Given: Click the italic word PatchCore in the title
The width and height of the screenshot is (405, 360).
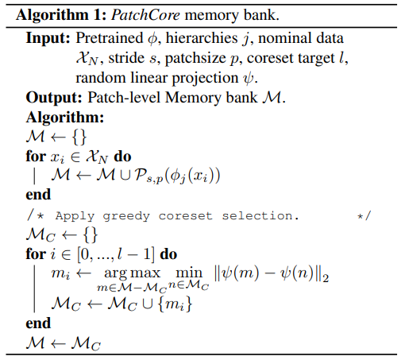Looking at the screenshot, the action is coord(145,15).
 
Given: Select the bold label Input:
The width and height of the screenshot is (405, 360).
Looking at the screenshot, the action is coord(48,38).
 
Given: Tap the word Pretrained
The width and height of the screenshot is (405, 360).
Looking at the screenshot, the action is coord(110,38).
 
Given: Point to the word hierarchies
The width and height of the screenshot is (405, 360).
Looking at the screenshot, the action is coord(202,38).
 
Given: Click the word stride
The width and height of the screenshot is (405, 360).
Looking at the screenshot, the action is coord(126,58).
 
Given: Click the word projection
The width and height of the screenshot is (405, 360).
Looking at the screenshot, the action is coord(206,79).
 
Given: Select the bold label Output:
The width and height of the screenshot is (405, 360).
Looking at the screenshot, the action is coord(54,98).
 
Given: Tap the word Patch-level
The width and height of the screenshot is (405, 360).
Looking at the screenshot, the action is coord(124,98).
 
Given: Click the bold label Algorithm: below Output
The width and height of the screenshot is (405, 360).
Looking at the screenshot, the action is coord(65,117).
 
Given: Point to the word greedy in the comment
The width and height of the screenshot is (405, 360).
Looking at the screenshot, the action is coord(126,217).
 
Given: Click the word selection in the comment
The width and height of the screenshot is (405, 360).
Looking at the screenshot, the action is coord(260,216).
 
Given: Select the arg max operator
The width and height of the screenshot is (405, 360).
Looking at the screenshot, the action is coord(133,273).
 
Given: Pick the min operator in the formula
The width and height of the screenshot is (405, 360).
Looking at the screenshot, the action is coord(189,273).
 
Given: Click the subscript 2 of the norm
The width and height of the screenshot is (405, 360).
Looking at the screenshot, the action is coord(326,278).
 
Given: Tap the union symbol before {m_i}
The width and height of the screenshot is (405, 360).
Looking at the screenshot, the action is coord(148,304).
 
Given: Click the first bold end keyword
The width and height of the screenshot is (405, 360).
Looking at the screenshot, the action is coord(38,195).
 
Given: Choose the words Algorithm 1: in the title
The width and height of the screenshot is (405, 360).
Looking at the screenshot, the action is coord(61,15).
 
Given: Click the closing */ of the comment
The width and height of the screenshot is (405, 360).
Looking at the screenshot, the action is coord(364,216).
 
